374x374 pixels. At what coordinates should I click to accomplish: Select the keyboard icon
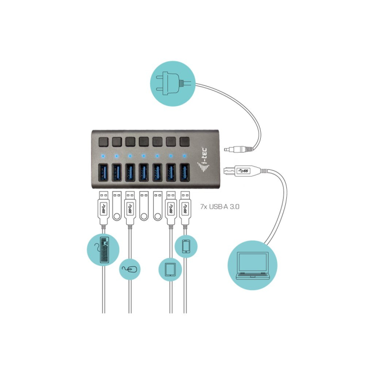[x=103, y=250]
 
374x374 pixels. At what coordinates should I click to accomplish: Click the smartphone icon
[x=186, y=246]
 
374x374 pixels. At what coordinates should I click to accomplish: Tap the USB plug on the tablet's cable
[x=170, y=207]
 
